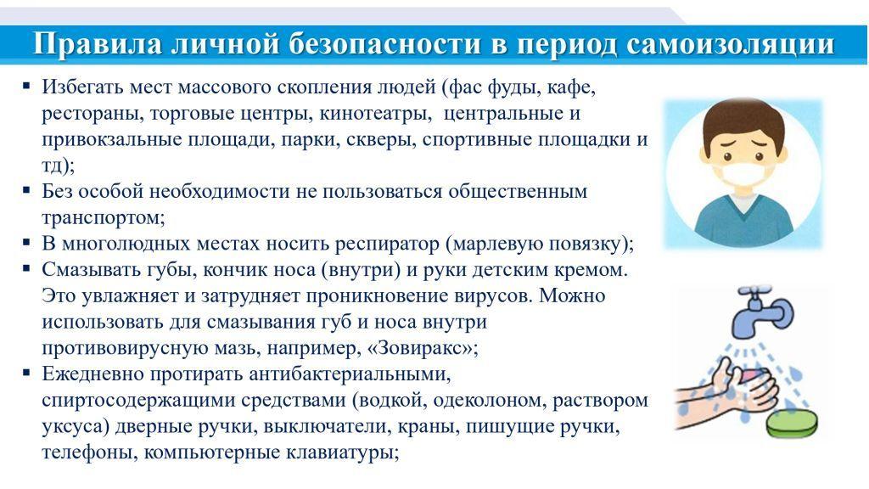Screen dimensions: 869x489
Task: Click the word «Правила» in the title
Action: click(x=97, y=42)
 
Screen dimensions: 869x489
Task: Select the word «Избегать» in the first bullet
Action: click(x=82, y=87)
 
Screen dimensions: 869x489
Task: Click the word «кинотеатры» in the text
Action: click(x=375, y=113)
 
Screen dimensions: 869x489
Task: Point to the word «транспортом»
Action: click(x=103, y=217)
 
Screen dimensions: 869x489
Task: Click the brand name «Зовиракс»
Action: click(x=421, y=348)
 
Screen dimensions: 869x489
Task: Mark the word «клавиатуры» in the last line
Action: click(x=342, y=452)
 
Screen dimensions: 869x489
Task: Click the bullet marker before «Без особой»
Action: click(x=26, y=190)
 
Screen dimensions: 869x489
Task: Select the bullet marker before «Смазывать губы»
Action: click(x=26, y=269)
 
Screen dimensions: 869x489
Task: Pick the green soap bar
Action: click(x=792, y=424)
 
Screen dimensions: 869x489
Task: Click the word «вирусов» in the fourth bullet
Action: click(x=489, y=296)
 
